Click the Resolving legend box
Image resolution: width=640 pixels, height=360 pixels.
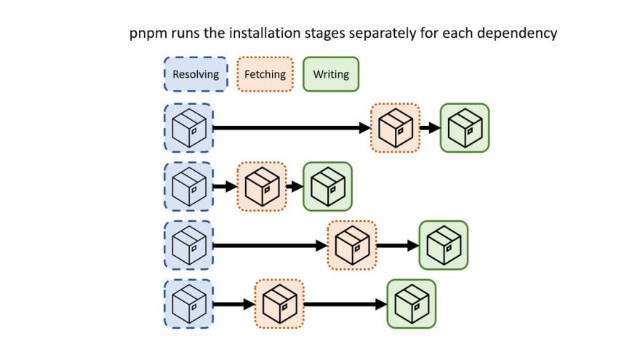tap(195, 74)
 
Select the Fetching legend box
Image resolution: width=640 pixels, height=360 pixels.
tap(265, 74)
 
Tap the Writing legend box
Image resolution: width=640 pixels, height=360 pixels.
tap(331, 74)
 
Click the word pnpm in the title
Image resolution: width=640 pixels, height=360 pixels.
tap(148, 33)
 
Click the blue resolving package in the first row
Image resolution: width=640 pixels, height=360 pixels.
tap(188, 128)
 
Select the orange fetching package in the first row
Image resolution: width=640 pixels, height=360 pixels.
tap(395, 128)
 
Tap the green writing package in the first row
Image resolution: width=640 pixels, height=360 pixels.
tap(465, 128)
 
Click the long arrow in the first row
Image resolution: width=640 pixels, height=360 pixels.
tap(291, 128)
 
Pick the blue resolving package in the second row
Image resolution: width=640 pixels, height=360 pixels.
tap(188, 186)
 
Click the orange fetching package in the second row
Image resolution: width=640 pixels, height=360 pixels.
tap(262, 186)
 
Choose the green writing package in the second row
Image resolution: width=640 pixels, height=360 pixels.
tap(327, 186)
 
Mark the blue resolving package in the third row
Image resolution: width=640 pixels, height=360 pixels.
tap(188, 245)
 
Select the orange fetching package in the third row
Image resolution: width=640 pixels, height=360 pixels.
tap(352, 245)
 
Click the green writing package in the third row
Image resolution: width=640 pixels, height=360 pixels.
tap(444, 245)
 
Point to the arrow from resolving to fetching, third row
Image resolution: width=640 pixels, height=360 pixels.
tap(269, 245)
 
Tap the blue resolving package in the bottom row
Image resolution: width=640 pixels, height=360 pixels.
tap(188, 304)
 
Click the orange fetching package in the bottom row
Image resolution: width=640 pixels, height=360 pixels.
tap(279, 304)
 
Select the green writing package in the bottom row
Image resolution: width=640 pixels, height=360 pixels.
tap(412, 304)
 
